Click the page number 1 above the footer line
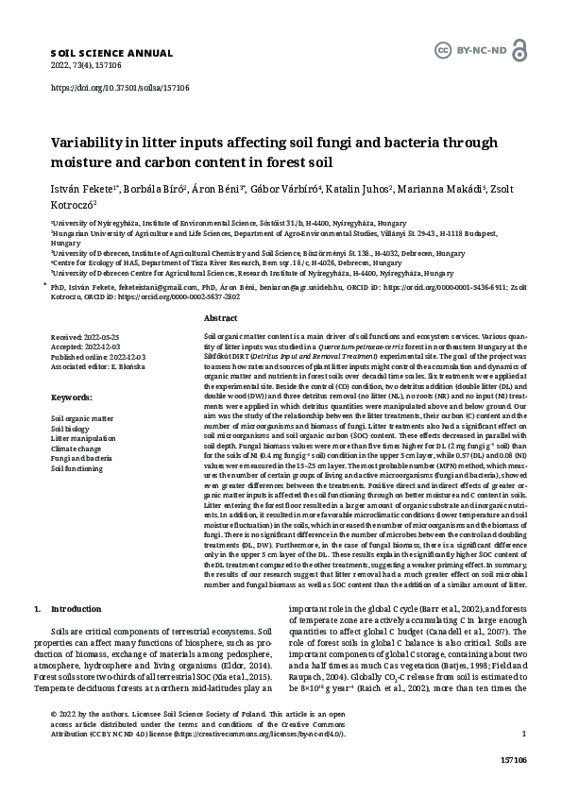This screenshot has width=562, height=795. pyautogui.click(x=523, y=760)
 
